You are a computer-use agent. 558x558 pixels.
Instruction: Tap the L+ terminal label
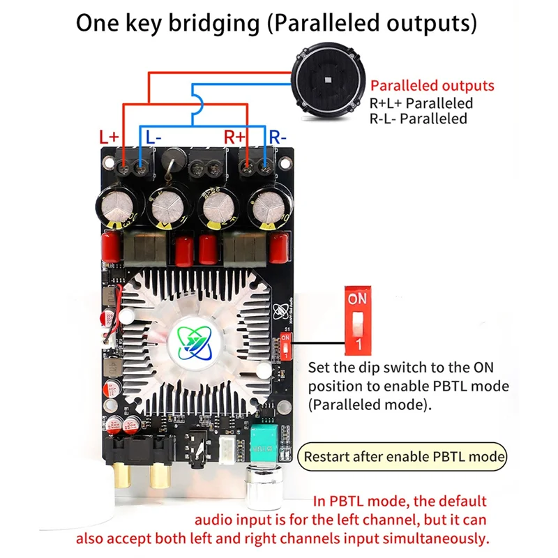[x=110, y=137]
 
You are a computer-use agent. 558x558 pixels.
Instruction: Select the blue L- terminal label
[x=153, y=137]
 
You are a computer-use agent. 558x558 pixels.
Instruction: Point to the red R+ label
[x=235, y=137]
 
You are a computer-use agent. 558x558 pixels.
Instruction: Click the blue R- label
[x=278, y=137]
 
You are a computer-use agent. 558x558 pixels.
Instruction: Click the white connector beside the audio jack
[x=228, y=446]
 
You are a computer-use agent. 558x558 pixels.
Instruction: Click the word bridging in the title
[x=213, y=22]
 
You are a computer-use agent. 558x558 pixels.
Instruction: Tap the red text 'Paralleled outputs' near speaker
[x=432, y=86]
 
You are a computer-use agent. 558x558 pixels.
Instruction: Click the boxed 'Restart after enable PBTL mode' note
[x=403, y=458]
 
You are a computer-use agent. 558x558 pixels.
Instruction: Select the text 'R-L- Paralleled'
[x=418, y=119]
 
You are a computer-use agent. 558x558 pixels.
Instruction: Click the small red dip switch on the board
[x=285, y=345]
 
